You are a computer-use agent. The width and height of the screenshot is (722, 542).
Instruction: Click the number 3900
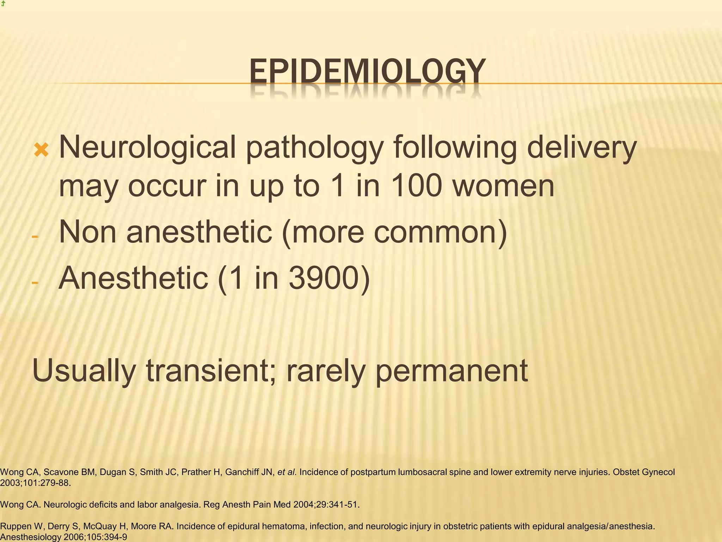pyautogui.click(x=324, y=278)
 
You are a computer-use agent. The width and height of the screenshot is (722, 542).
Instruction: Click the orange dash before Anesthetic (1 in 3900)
pyautogui.click(x=35, y=282)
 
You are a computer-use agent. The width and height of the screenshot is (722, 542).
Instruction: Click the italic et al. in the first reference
pyautogui.click(x=287, y=472)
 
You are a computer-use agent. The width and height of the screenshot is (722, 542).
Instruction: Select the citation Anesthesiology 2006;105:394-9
pyautogui.click(x=63, y=537)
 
